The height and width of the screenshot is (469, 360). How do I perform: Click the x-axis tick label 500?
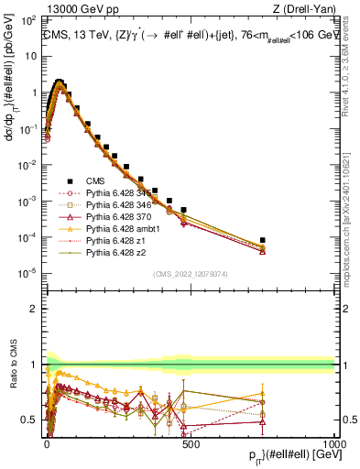click(x=191, y=442)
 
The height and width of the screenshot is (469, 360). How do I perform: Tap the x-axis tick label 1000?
click(x=333, y=442)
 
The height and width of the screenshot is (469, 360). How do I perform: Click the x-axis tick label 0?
click(x=46, y=442)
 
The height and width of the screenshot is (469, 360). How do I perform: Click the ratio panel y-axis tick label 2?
click(x=36, y=309)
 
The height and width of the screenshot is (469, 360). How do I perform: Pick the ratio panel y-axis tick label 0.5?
click(x=32, y=420)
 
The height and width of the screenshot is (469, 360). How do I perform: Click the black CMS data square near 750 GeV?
click(x=262, y=240)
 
